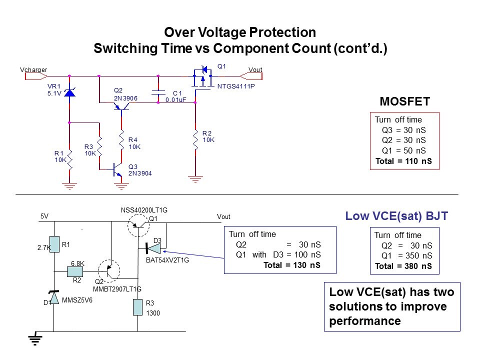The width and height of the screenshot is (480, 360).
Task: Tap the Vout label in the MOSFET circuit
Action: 255,70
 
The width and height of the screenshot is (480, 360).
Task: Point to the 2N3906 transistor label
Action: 125,98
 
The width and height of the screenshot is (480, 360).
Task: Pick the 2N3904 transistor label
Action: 140,173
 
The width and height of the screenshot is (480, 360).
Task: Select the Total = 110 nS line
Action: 403,161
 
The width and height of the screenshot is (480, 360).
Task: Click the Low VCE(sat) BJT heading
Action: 396,216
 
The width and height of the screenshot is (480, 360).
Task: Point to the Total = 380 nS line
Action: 403,266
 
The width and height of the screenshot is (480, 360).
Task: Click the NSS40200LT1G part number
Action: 144,210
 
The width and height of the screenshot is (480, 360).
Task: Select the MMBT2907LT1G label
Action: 117,289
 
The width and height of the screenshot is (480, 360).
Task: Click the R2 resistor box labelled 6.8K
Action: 75,271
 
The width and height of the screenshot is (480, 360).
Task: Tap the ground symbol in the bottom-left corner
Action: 35,340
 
